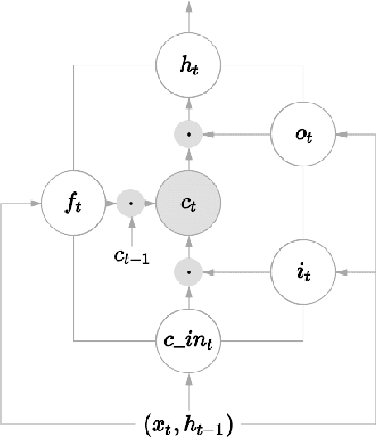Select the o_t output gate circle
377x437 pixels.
pos(303,133)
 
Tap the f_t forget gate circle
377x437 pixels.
pos(74,202)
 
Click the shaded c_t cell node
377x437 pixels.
pos(189,202)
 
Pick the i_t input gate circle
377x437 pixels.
pos(303,270)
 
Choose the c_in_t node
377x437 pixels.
pos(189,339)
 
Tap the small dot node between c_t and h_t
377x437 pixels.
pos(189,133)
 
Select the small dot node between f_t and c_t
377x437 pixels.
pos(131,202)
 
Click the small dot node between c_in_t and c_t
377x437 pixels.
pos(189,270)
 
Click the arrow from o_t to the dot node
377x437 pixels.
pos(240,133)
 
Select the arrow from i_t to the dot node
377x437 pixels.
pos(240,270)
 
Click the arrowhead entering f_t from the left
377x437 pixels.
pos(36,202)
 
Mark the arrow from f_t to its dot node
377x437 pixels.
pos(109,202)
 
